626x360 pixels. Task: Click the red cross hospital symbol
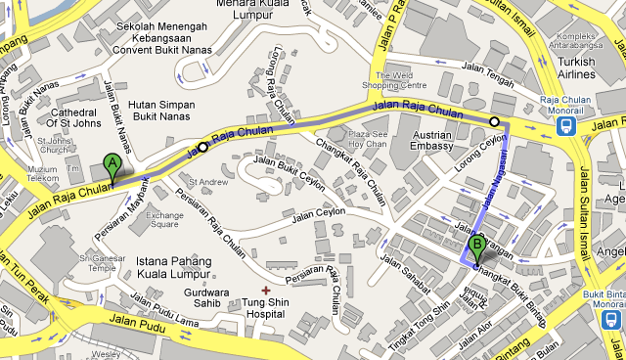point(265,290)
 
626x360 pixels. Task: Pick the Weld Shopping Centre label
point(388,80)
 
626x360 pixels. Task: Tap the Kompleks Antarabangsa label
point(577,38)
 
